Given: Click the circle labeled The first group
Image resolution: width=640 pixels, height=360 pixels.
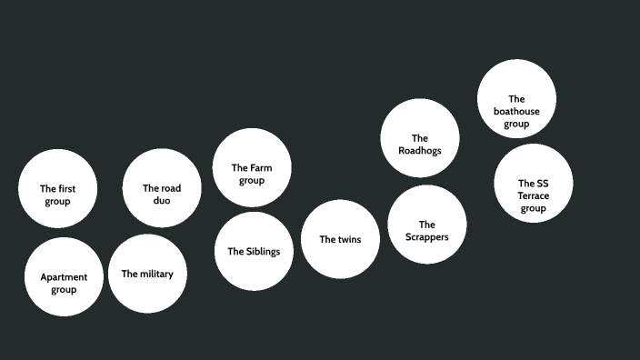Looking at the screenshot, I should [57, 188].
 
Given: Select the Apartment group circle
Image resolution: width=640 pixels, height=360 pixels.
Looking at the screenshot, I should [64, 276].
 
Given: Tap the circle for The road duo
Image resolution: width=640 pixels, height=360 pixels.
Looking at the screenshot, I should [162, 188].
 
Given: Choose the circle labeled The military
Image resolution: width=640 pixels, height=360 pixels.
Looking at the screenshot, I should [147, 274].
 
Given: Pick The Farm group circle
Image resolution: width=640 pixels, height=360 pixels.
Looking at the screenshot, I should [252, 167].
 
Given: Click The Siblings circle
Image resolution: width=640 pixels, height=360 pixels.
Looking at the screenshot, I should [254, 252].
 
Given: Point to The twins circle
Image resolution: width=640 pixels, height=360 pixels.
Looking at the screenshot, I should [340, 239].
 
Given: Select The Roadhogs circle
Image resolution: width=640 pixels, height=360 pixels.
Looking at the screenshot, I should [419, 138].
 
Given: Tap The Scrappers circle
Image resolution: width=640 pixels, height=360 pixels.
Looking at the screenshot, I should [427, 225].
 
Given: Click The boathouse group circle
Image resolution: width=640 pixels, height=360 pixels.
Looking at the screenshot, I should [516, 99].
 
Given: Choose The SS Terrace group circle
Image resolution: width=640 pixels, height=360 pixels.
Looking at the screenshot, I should [534, 183].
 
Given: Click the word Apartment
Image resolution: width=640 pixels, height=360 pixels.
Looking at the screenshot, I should [64, 277].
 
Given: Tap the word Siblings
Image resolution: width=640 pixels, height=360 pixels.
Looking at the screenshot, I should [263, 252].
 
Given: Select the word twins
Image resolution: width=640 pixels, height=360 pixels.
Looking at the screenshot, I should [348, 240].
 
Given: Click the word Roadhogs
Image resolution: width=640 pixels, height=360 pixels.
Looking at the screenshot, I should [420, 151].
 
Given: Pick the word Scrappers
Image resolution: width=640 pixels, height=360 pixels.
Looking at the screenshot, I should [427, 237].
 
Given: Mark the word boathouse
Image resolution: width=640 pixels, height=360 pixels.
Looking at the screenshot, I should [516, 112].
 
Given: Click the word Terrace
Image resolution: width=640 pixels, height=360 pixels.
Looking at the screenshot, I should [534, 195].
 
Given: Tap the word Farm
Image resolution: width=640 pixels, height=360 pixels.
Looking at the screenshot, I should [262, 168].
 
